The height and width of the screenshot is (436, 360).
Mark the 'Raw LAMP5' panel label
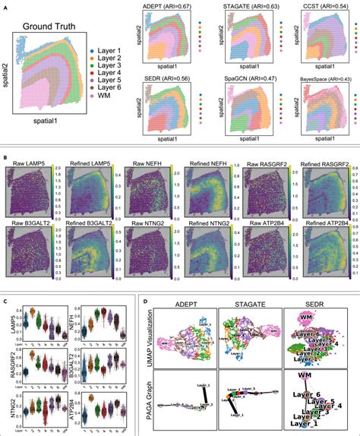pyautogui.click(x=30, y=163)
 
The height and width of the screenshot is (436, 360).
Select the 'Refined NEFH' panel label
pyautogui.click(x=206, y=163)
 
